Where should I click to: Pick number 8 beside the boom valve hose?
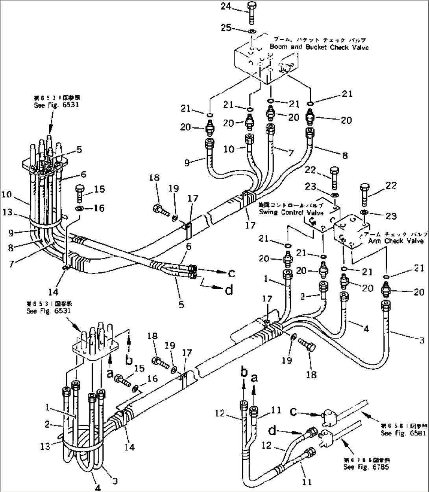345,156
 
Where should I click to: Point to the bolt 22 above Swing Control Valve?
334,177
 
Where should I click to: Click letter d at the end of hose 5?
229,290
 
